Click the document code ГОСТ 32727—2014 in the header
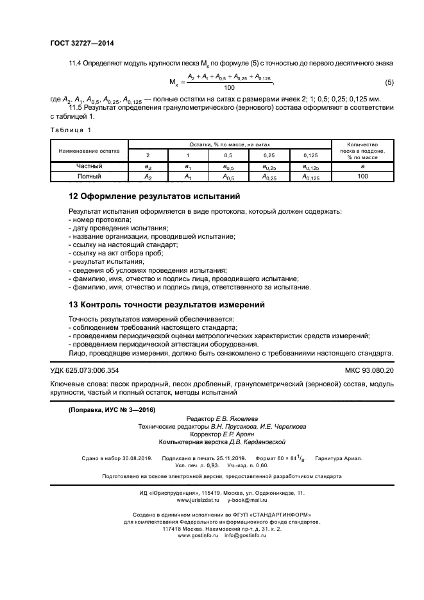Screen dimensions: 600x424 [x=81, y=44]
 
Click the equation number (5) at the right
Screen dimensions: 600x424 [x=389, y=82]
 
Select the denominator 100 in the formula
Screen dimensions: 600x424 [x=229, y=88]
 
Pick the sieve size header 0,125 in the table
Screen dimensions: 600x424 [x=310, y=156]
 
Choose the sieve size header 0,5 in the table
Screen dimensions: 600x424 [x=228, y=156]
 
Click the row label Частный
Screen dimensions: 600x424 [x=89, y=166]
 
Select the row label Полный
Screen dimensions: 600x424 [x=89, y=175]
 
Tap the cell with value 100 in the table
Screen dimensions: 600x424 [x=362, y=175]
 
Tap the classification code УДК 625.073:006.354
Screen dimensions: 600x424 [x=84, y=371]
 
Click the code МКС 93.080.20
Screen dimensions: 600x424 [x=369, y=371]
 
